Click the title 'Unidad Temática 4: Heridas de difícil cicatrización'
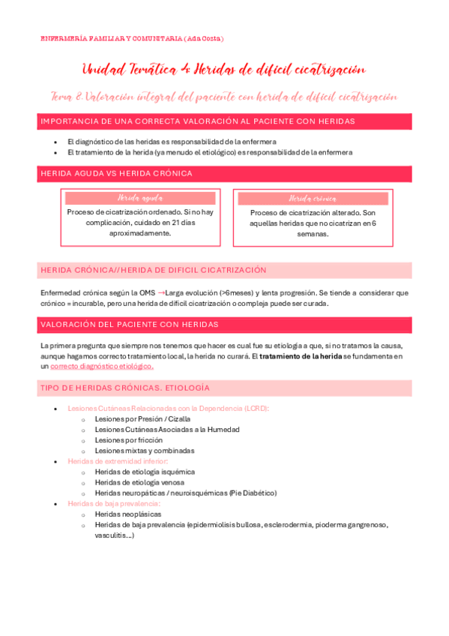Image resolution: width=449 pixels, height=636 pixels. click(x=223, y=70)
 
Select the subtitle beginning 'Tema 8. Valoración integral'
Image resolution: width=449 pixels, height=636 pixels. click(x=223, y=97)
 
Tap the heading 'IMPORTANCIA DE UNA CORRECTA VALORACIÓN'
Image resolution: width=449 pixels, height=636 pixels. click(x=198, y=121)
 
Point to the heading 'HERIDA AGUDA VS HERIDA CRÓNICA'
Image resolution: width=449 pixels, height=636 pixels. click(x=116, y=173)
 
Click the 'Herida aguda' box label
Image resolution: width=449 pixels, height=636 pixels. click(x=140, y=198)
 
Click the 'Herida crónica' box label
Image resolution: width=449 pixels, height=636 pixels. click(x=312, y=199)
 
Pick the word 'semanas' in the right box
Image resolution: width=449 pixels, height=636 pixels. click(x=311, y=233)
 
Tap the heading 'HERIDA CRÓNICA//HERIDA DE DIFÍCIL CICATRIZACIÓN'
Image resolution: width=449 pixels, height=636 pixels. click(x=153, y=270)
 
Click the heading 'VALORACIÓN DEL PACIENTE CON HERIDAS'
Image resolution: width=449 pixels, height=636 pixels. click(x=129, y=324)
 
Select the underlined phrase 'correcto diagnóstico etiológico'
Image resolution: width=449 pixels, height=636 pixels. click(x=101, y=367)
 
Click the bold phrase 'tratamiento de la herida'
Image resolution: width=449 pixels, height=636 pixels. click(x=301, y=356)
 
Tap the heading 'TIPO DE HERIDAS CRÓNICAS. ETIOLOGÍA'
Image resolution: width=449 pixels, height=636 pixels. click(x=125, y=388)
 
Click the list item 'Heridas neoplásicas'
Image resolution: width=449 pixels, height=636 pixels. click(x=127, y=514)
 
